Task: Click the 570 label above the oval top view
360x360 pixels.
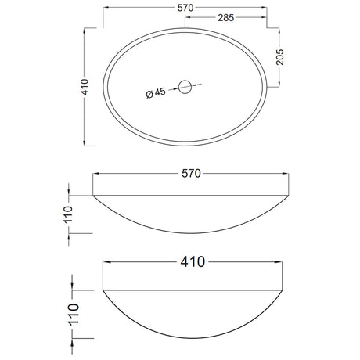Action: click(x=185, y=8)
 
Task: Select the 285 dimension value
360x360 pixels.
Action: click(x=226, y=18)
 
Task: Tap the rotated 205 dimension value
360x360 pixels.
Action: click(x=279, y=57)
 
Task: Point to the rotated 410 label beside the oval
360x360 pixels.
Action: click(x=85, y=87)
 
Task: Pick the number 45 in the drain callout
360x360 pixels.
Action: click(x=160, y=92)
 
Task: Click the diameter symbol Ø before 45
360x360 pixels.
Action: click(x=149, y=95)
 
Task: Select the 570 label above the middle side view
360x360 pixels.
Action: click(x=191, y=173)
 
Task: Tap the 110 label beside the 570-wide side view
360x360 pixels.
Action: click(x=68, y=214)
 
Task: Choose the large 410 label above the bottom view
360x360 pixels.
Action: click(x=193, y=261)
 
